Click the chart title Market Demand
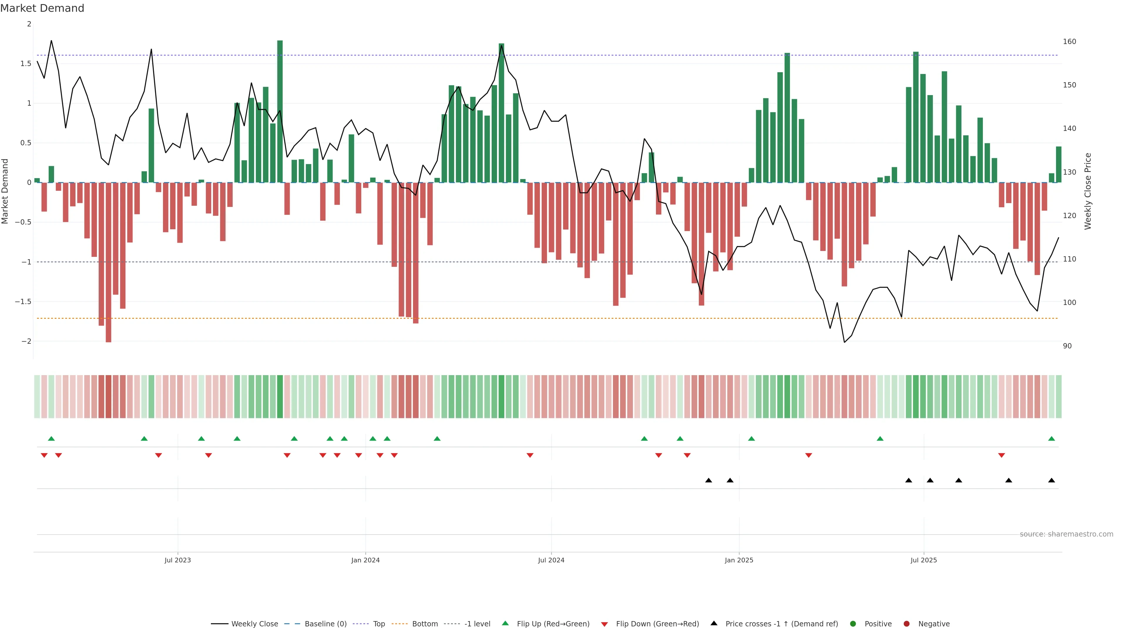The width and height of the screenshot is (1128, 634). click(x=42, y=8)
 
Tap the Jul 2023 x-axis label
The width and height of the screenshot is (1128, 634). click(x=177, y=560)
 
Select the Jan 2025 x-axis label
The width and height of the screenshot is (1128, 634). click(x=739, y=560)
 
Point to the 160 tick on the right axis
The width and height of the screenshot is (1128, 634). click(x=1069, y=42)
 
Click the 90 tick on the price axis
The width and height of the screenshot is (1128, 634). click(x=1067, y=346)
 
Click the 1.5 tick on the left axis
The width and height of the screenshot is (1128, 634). click(x=26, y=64)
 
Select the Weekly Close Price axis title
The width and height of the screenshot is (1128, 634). click(x=1088, y=191)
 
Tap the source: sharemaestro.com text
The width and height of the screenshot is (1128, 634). click(x=1066, y=534)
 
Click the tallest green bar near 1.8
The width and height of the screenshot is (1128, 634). click(x=280, y=109)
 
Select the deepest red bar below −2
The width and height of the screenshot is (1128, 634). click(x=109, y=262)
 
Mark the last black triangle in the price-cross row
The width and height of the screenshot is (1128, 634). click(x=1051, y=480)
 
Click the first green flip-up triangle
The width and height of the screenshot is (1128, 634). click(x=51, y=439)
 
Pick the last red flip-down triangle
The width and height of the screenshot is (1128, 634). click(x=1001, y=456)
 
